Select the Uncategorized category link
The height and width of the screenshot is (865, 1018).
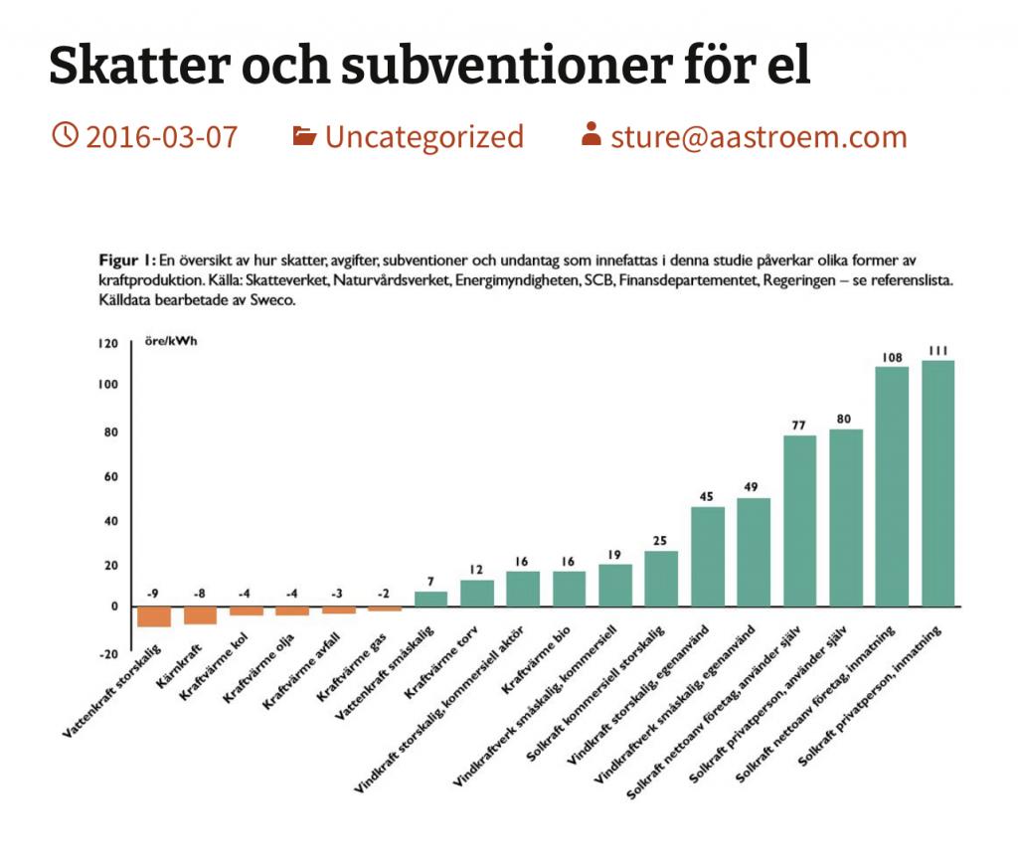click(x=424, y=136)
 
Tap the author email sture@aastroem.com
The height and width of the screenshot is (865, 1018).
click(x=759, y=136)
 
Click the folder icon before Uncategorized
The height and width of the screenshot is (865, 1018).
click(x=304, y=135)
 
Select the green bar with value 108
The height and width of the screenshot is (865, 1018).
click(x=892, y=486)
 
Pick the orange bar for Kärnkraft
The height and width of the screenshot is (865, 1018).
click(x=200, y=614)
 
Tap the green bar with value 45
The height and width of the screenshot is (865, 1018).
click(x=708, y=556)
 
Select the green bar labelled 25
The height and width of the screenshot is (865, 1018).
click(x=661, y=578)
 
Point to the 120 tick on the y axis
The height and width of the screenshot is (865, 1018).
click(x=106, y=343)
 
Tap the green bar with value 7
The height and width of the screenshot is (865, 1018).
click(x=430, y=599)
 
